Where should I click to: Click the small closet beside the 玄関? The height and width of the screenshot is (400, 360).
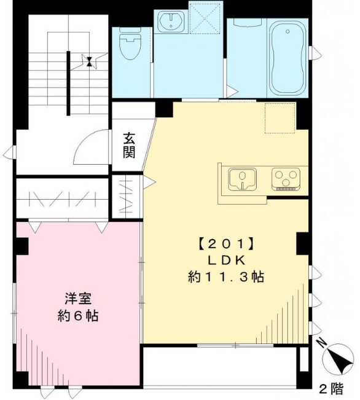(127, 196)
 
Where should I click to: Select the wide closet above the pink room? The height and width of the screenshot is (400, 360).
(61, 198)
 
